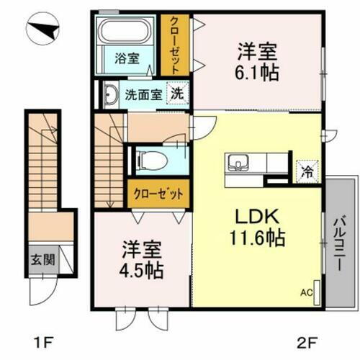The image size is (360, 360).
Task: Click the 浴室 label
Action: (x=127, y=59)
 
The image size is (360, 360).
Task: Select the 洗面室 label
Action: (x=141, y=94)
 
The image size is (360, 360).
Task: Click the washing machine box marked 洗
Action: (x=176, y=93)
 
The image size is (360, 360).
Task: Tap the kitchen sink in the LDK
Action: (x=238, y=163)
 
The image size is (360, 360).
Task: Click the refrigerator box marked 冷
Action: (x=305, y=172)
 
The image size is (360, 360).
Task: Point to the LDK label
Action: (x=251, y=217)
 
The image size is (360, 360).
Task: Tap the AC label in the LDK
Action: (x=306, y=293)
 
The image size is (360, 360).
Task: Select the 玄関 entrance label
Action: (x=40, y=258)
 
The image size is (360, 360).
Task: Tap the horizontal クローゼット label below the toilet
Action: (x=158, y=192)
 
